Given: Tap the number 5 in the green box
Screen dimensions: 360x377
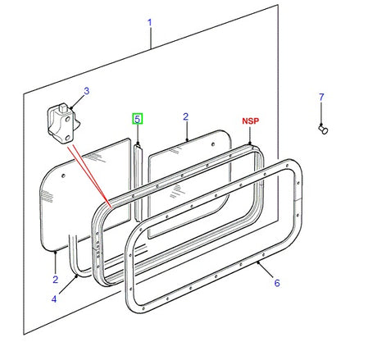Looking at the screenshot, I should coord(138,119).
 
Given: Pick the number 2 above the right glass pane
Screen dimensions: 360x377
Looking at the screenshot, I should coord(185,117).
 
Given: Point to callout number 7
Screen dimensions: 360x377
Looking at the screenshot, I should coord(320,98).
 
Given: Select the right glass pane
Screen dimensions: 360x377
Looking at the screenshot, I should coord(197,172).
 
